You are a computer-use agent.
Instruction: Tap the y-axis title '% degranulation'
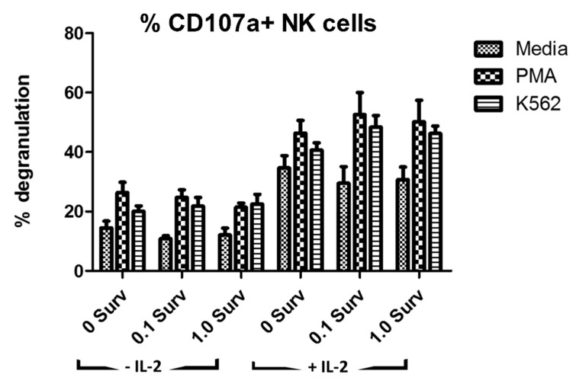point(27,149)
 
